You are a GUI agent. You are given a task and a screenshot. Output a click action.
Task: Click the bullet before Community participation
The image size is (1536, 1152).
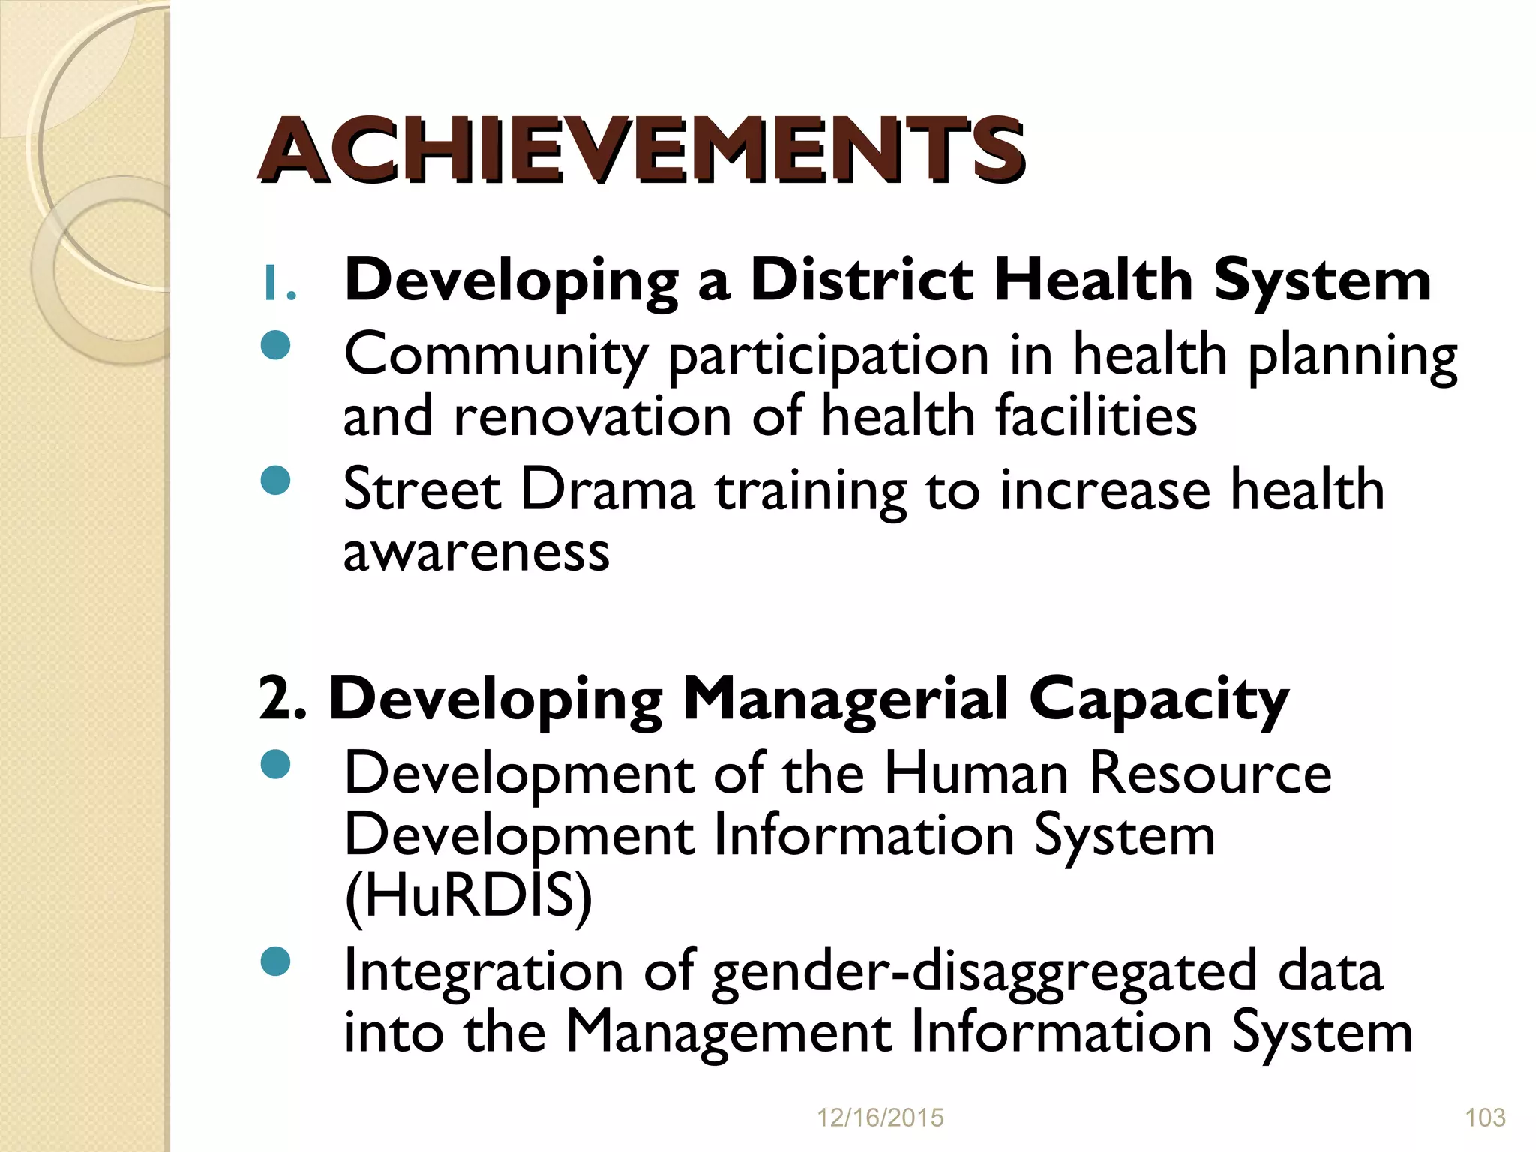click(x=277, y=346)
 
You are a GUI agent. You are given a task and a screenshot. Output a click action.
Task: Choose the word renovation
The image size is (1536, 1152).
click(x=592, y=416)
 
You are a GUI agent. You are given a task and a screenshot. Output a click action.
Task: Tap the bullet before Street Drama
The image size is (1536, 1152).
click(x=277, y=481)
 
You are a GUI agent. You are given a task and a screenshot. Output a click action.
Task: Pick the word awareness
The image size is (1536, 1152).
click(x=476, y=553)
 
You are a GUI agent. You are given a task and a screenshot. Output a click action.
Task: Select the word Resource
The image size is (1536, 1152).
click(x=1210, y=774)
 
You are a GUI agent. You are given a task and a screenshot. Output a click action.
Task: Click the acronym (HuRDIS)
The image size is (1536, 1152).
click(x=468, y=898)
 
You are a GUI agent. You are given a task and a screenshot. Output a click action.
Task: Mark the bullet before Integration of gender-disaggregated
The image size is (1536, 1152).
click(x=277, y=962)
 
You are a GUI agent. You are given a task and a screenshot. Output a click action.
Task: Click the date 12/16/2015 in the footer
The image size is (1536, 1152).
click(x=880, y=1118)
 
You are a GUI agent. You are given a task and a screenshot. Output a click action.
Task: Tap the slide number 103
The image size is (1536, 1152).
click(x=1485, y=1118)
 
